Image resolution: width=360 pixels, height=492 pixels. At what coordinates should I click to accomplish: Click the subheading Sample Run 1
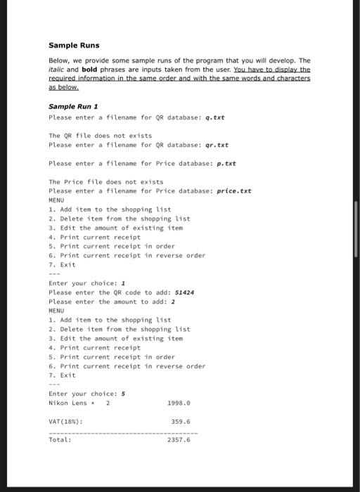coord(72,106)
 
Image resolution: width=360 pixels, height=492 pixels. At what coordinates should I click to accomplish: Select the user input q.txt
coord(214,117)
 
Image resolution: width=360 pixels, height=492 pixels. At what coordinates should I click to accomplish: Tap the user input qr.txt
coord(217,145)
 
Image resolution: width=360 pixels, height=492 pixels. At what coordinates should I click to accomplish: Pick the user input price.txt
coord(234,190)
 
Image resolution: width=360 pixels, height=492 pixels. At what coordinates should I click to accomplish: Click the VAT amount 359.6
coord(181,422)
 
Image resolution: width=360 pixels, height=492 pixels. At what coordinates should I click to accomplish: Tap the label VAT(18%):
coord(66,422)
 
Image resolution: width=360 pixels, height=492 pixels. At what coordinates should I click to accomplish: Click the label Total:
coord(60,440)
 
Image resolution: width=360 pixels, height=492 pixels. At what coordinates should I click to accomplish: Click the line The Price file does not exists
coord(105,181)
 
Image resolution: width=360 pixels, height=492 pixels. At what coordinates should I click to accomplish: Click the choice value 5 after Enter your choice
coord(124,394)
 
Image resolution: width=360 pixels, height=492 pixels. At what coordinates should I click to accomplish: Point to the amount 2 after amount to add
coord(173,301)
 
